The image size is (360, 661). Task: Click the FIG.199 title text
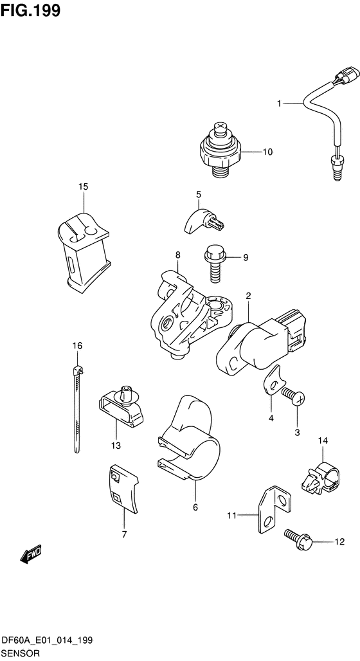(30, 10)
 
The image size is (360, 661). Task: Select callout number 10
(267, 152)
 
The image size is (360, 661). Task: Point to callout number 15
(84, 186)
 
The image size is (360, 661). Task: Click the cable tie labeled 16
(77, 408)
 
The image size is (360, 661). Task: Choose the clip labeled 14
(321, 478)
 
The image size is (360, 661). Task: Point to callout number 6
(195, 507)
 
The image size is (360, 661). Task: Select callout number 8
(177, 255)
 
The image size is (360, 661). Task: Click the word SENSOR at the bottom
(21, 653)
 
